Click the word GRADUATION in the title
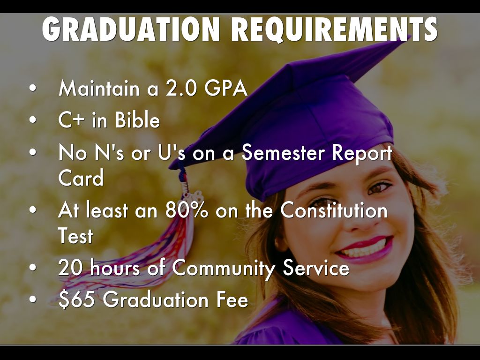(x=131, y=29)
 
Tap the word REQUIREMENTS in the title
(x=334, y=30)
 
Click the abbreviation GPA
(x=226, y=88)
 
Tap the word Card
(x=81, y=178)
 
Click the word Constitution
(x=334, y=210)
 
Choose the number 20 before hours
(x=71, y=267)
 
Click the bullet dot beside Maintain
(x=33, y=88)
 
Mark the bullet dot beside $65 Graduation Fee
(x=33, y=299)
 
